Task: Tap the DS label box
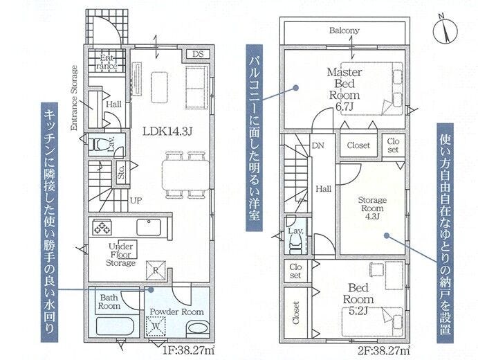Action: click(x=198, y=54)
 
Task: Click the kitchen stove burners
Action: click(x=102, y=227)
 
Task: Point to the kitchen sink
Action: click(x=149, y=227)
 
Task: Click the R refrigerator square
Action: click(x=156, y=270)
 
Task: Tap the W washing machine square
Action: click(x=156, y=326)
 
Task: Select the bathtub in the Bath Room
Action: click(x=116, y=326)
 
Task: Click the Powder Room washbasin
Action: click(x=198, y=329)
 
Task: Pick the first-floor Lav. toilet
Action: click(x=98, y=144)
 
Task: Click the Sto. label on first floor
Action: click(x=121, y=172)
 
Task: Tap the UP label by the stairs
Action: click(x=136, y=201)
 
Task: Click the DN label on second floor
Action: click(x=318, y=145)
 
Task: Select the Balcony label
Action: click(x=344, y=30)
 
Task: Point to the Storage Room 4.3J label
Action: click(x=372, y=208)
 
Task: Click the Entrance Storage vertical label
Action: click(x=74, y=98)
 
